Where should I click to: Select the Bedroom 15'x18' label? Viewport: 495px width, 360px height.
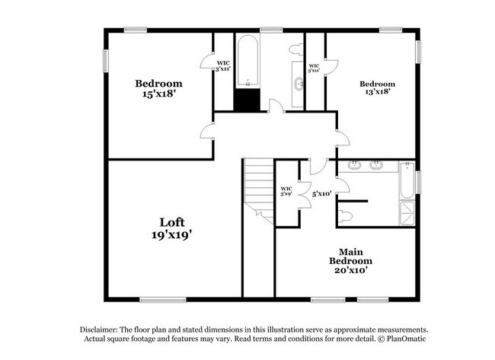[159, 90]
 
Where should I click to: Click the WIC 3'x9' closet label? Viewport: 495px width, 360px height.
[286, 191]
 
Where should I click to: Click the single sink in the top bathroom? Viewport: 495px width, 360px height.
[297, 84]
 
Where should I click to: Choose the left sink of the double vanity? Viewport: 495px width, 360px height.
[354, 165]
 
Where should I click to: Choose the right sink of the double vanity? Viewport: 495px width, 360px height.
[375, 165]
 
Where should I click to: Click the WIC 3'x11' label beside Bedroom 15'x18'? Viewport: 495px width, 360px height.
[223, 66]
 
